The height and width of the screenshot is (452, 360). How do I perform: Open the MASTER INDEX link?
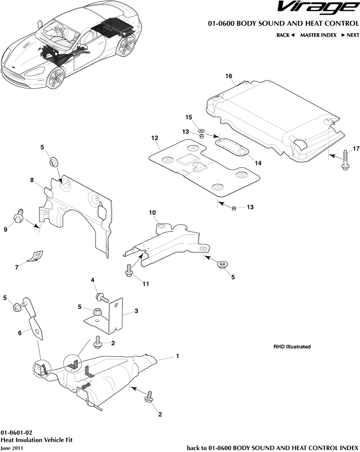click(318, 35)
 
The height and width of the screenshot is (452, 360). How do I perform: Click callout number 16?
click(228, 76)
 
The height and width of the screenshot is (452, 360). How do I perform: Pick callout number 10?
click(152, 213)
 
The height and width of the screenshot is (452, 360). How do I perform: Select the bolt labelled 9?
click(19, 216)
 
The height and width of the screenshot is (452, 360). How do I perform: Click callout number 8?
click(32, 180)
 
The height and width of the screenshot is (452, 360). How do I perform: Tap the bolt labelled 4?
click(103, 297)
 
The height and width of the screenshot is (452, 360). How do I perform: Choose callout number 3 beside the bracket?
click(136, 311)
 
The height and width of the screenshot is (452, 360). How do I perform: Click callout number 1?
click(177, 356)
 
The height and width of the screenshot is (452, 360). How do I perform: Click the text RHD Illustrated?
click(292, 347)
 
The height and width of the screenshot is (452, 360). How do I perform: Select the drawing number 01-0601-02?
click(17, 432)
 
